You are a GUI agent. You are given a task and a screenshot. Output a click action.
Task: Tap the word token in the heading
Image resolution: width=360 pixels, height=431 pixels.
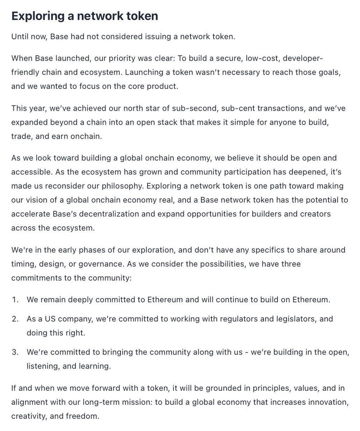142,16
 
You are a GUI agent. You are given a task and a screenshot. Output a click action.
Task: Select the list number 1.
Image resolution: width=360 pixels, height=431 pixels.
15,300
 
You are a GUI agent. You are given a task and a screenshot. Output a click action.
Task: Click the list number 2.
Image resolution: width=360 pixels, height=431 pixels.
15,319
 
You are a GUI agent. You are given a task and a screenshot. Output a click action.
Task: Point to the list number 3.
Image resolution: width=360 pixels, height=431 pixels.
15,352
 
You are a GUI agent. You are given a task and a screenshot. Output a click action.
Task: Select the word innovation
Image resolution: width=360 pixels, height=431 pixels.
328,402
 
